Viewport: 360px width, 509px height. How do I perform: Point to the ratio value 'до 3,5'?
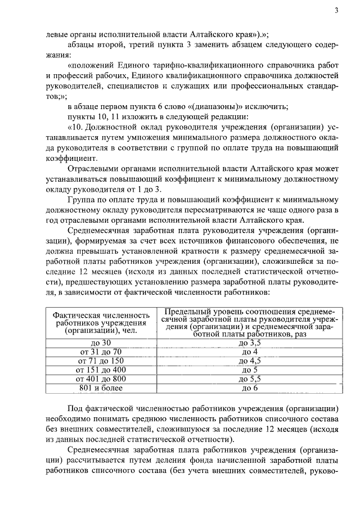click(x=250, y=343)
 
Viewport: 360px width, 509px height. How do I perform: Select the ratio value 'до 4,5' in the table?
click(x=250, y=361)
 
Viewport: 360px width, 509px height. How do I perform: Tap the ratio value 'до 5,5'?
click(x=250, y=379)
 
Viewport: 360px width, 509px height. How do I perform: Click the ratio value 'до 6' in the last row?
click(x=250, y=388)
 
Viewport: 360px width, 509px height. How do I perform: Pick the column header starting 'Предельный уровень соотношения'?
click(x=250, y=323)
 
